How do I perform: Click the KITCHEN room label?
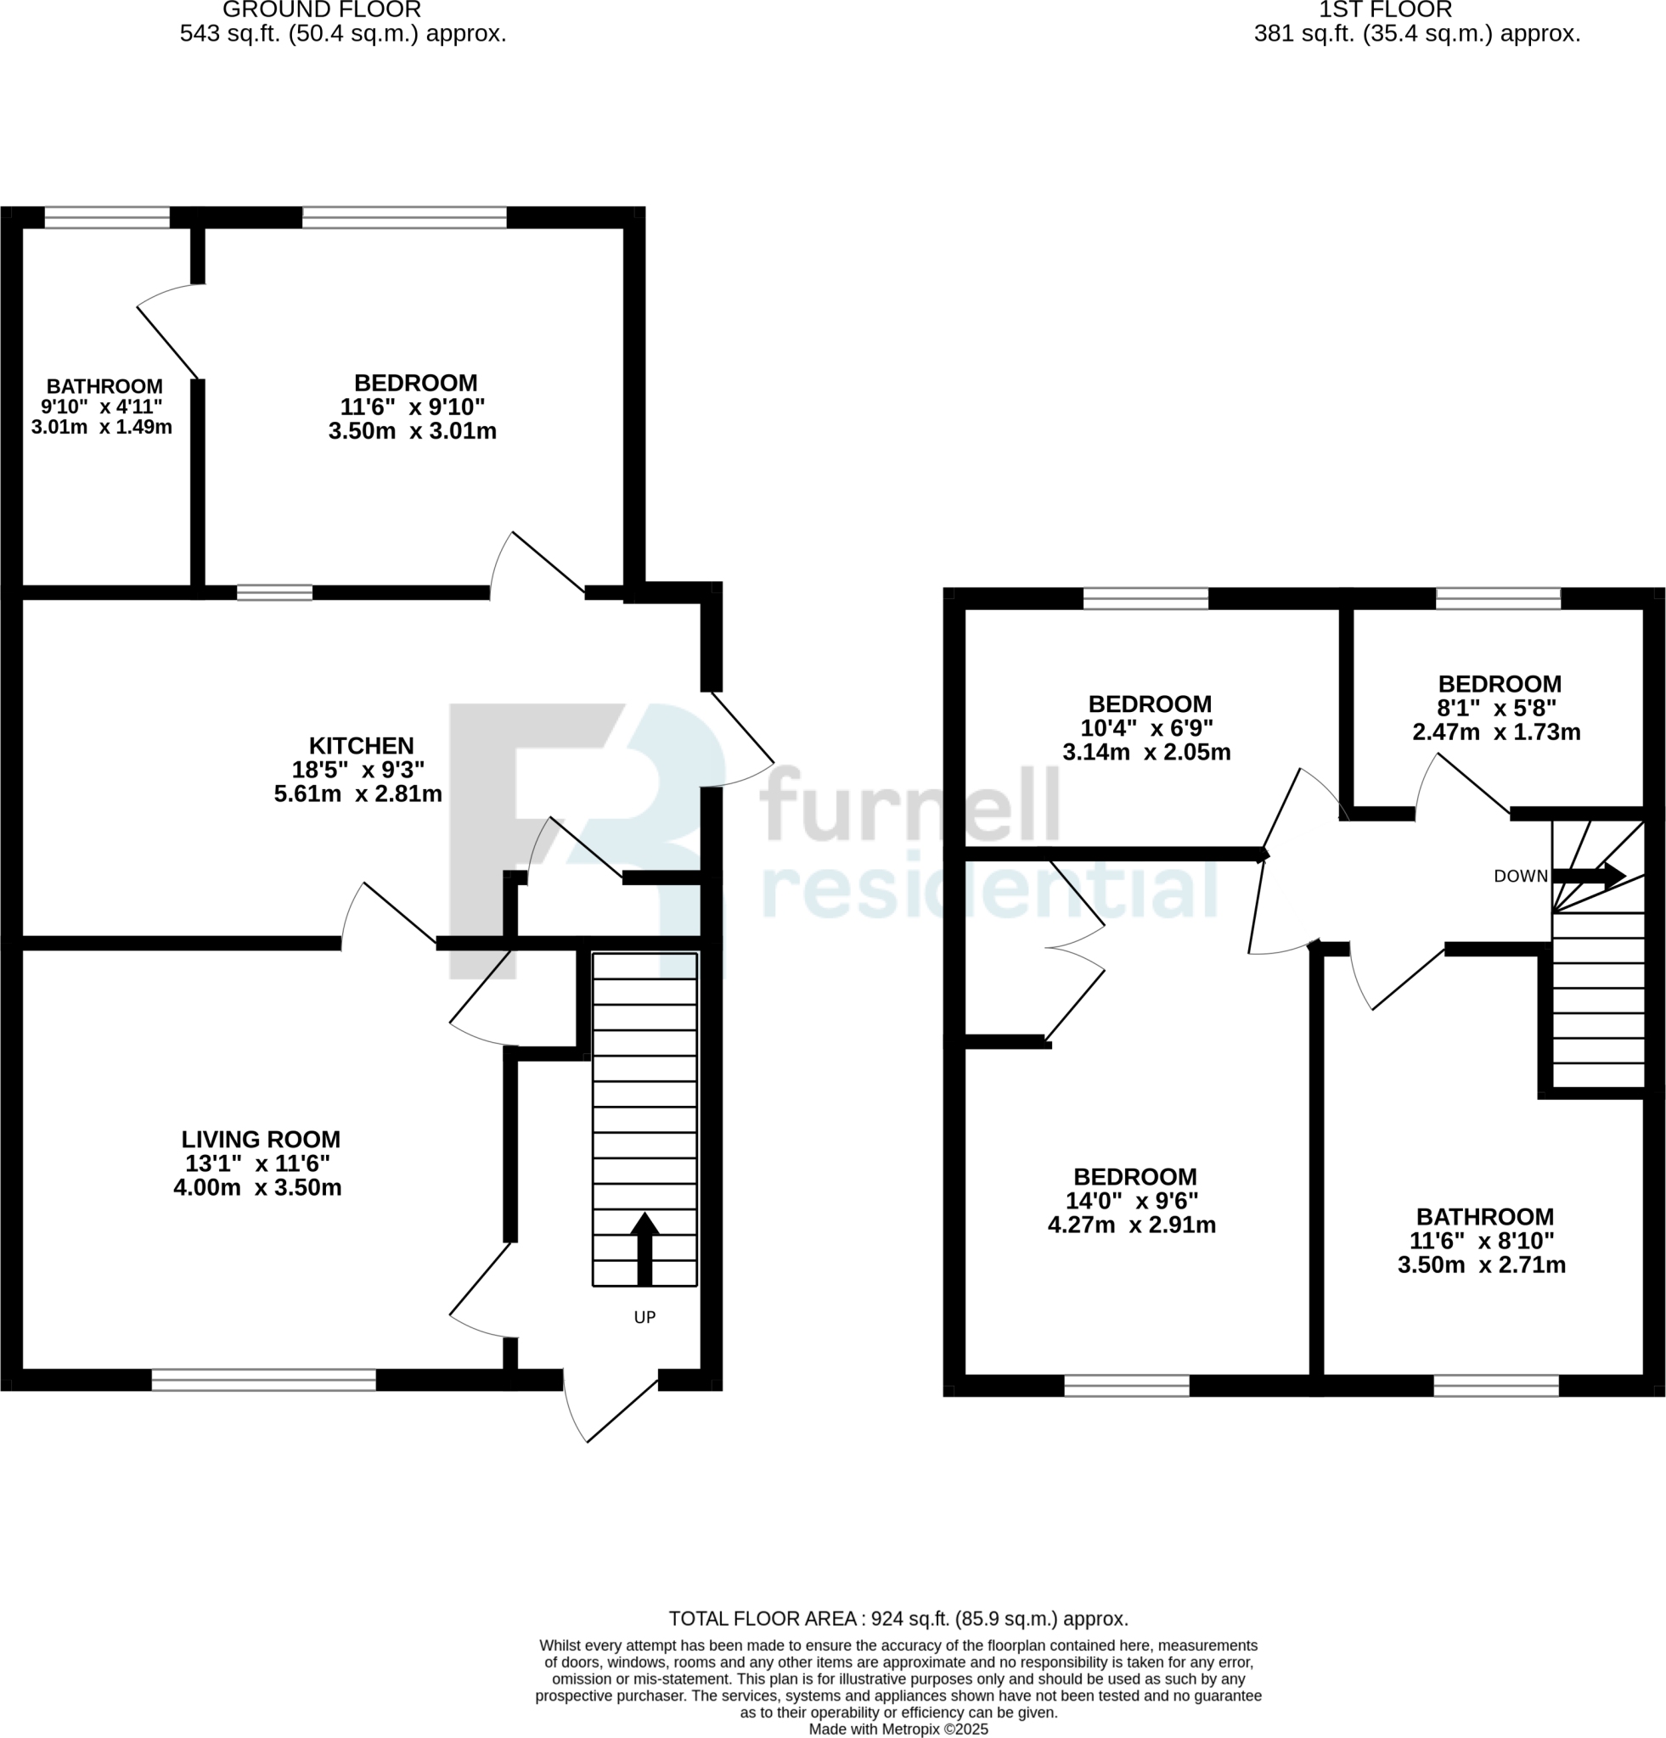point(361,746)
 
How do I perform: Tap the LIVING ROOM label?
point(261,1140)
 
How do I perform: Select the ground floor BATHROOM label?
point(104,387)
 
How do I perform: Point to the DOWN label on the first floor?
point(1521,877)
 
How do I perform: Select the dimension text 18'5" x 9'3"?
point(358,770)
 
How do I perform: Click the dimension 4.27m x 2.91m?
point(1131,1225)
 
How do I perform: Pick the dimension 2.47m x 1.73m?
point(1496,732)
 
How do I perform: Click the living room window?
point(263,1380)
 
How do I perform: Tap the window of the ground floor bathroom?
point(107,218)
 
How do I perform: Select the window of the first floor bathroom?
point(1495,1385)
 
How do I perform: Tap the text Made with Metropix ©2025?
point(898,1730)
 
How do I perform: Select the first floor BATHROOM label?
point(1485,1218)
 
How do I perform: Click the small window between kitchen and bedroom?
point(275,592)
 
